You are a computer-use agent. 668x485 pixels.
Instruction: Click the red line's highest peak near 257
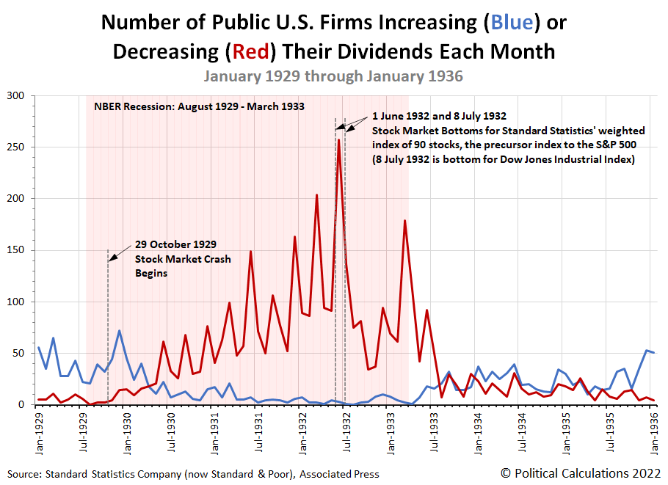pos(338,139)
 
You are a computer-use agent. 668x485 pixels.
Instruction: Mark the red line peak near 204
pos(316,195)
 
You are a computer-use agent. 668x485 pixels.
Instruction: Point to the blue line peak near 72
pos(119,331)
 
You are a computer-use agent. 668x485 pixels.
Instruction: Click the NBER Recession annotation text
pos(199,106)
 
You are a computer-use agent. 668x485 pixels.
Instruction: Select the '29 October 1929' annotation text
pos(175,244)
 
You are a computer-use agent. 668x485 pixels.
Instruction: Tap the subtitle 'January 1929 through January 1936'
pos(333,76)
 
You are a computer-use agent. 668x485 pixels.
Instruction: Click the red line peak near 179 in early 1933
pos(404,220)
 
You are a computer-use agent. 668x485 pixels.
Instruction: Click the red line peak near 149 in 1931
pos(250,252)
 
